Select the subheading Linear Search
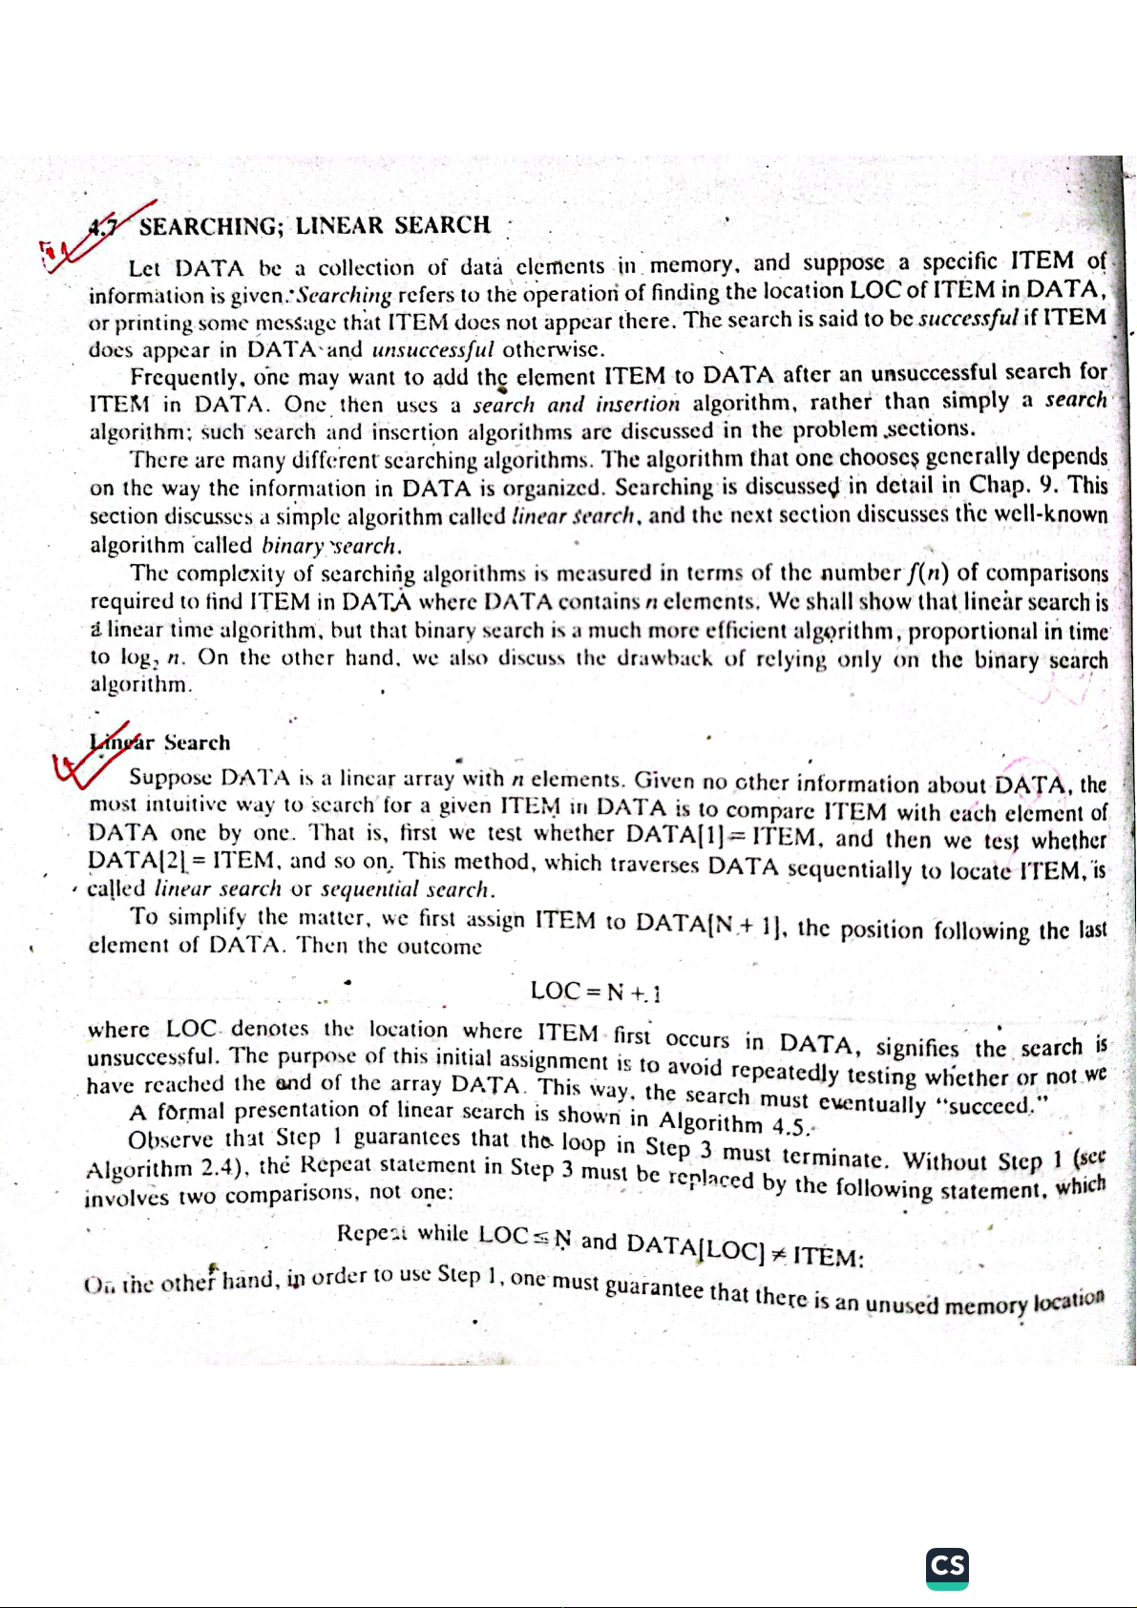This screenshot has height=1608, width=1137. pyautogui.click(x=160, y=741)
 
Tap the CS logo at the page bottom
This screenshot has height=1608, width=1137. pyautogui.click(x=947, y=1568)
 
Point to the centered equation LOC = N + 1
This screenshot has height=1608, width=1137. pyautogui.click(x=596, y=992)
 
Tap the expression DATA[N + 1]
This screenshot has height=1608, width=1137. pyautogui.click(x=710, y=923)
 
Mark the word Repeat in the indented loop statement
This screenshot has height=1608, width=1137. pyautogui.click(x=372, y=1232)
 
